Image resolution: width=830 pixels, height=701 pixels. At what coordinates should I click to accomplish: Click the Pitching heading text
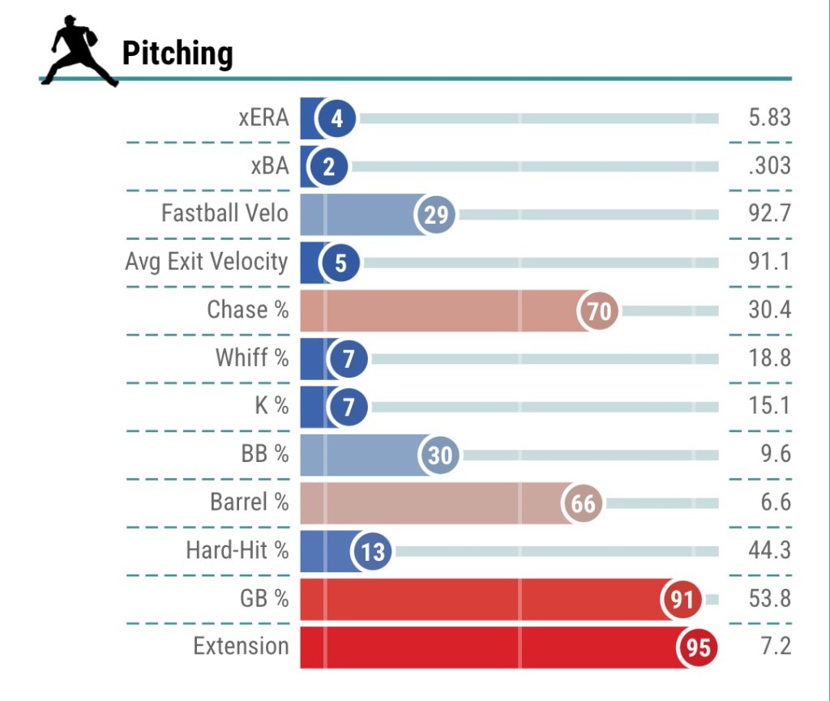[178, 53]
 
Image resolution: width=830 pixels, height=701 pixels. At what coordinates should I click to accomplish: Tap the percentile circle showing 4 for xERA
[337, 119]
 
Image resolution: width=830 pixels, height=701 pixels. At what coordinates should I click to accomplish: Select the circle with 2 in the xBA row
[329, 167]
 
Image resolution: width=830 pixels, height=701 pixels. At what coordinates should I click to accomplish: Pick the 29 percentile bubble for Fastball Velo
[436, 215]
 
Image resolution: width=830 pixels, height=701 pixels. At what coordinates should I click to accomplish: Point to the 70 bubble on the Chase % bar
[599, 310]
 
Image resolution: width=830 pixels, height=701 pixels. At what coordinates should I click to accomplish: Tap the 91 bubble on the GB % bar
[682, 600]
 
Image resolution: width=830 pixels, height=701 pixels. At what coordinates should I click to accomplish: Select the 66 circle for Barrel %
[584, 503]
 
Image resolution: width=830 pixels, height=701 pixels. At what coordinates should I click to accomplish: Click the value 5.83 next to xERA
[769, 118]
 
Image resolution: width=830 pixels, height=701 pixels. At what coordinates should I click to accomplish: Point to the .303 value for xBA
[769, 166]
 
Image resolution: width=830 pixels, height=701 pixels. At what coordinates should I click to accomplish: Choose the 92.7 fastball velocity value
[769, 214]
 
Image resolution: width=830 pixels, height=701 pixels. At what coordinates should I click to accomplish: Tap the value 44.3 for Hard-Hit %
[769, 551]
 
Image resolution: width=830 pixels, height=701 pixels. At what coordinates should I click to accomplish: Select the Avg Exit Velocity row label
[207, 262]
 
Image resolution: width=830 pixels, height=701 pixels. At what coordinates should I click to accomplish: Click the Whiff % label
[252, 358]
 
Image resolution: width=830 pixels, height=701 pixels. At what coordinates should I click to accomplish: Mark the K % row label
[272, 406]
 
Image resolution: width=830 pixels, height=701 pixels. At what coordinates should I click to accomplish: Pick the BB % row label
[264, 455]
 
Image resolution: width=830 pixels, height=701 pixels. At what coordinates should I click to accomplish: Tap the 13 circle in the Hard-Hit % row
[373, 552]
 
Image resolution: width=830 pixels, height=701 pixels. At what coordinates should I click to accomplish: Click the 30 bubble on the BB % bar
[439, 455]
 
